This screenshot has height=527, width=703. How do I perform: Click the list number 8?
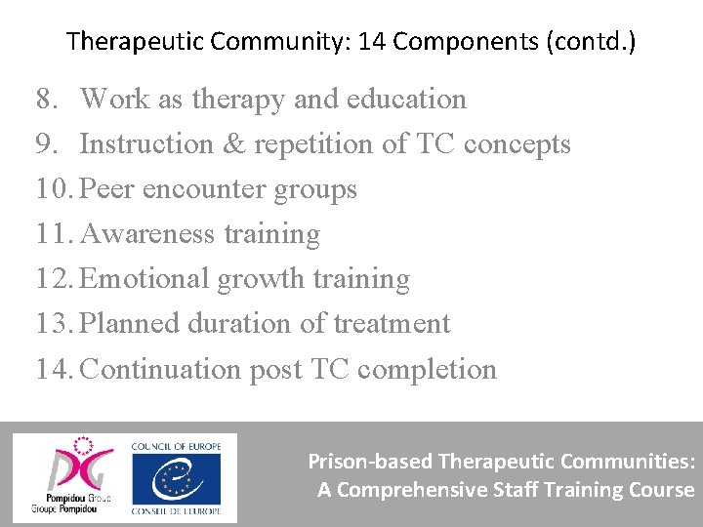point(45,99)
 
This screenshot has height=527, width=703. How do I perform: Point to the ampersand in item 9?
point(230,144)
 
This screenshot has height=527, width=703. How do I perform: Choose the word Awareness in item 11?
point(147,234)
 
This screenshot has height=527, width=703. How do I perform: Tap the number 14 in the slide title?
point(373,42)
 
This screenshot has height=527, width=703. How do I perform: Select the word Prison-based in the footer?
point(371,461)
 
